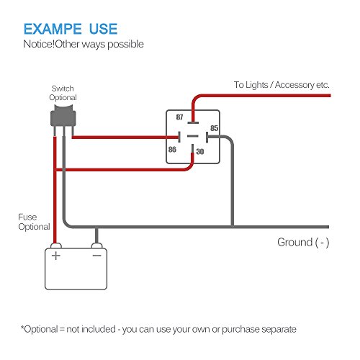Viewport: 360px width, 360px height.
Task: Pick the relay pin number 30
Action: tap(199, 153)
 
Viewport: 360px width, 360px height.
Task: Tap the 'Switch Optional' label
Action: tap(62, 92)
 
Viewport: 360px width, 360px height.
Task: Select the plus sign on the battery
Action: tap(55, 255)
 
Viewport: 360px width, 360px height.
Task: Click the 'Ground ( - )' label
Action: tap(303, 242)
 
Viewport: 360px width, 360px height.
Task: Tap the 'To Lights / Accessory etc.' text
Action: tap(282, 85)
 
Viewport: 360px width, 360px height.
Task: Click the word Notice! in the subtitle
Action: tap(41, 45)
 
